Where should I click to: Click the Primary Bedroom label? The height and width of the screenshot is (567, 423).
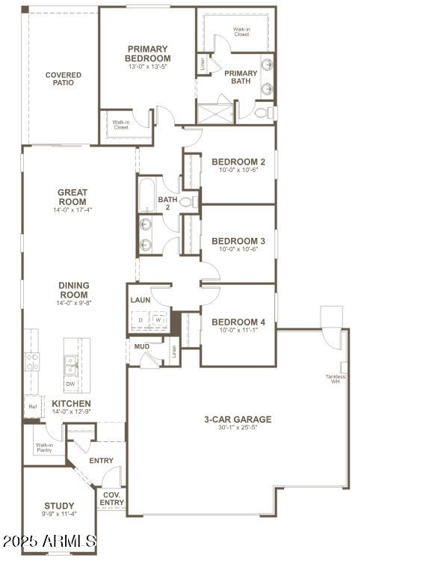click(147, 54)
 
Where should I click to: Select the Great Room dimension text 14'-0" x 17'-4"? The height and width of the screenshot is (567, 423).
click(72, 210)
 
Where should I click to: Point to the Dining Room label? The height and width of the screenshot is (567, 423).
click(72, 289)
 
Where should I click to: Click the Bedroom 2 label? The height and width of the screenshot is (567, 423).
click(238, 162)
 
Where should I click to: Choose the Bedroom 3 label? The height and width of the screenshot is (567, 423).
click(238, 241)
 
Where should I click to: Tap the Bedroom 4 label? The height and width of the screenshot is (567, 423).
click(238, 322)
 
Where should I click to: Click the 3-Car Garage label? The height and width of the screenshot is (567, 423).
click(238, 420)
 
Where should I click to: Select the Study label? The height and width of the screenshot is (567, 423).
click(59, 506)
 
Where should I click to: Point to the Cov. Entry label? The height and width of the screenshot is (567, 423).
click(112, 499)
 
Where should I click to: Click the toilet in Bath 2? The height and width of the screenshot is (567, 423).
click(187, 201)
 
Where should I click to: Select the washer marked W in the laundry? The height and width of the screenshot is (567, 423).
click(158, 320)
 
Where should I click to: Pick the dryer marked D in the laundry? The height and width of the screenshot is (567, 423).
click(141, 320)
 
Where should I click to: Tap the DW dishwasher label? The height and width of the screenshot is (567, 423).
click(70, 384)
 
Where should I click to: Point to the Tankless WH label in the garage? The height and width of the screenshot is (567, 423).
click(332, 378)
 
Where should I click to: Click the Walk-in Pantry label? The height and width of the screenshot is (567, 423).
click(44, 448)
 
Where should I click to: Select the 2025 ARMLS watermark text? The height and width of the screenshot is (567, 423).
click(49, 540)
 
